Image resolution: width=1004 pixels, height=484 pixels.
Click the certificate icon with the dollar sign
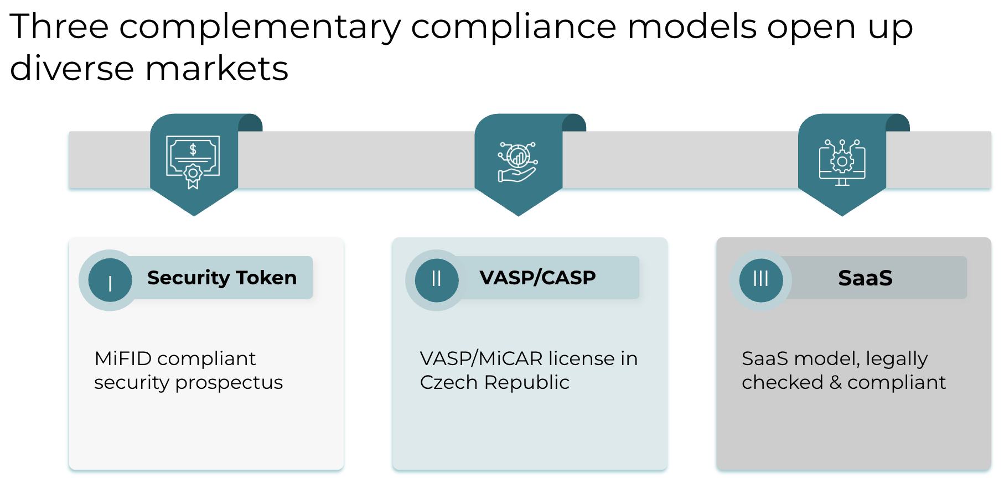click(x=193, y=161)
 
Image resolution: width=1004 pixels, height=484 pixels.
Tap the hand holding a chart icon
click(x=517, y=162)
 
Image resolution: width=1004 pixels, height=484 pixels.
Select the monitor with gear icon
click(x=842, y=163)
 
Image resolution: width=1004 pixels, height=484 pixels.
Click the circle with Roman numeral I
click(x=110, y=280)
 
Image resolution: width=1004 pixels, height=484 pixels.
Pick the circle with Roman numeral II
click(x=437, y=280)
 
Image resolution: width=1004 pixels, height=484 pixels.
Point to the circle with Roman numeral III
click(x=761, y=280)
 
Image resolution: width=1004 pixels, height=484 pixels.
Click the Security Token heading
click(x=221, y=278)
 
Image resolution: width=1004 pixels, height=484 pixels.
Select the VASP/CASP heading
click(x=537, y=278)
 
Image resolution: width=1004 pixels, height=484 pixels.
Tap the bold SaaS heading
click(x=865, y=278)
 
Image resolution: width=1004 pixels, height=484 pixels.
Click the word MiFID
click(x=123, y=358)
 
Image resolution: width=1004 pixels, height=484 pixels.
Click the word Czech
click(x=449, y=382)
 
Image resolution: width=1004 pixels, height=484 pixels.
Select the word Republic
click(x=526, y=383)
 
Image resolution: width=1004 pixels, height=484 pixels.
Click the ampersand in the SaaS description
click(x=836, y=382)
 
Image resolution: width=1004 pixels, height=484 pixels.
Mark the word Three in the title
click(x=59, y=27)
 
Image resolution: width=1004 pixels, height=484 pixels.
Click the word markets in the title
click(x=216, y=69)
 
